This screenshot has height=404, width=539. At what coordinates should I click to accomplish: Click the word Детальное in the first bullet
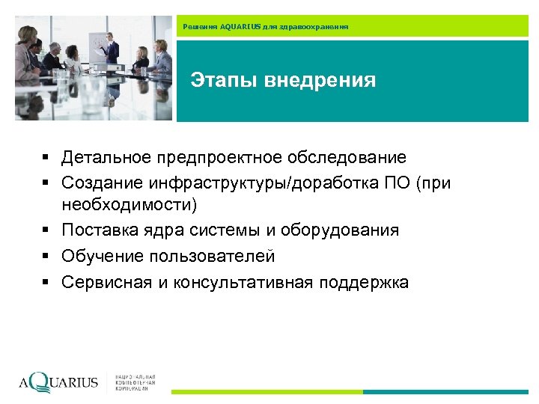[106, 158]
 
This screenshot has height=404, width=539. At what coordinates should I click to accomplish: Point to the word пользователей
[213, 257]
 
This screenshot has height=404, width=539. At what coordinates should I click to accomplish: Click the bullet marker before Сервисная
[46, 283]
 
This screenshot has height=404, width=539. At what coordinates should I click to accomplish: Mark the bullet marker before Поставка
[46, 230]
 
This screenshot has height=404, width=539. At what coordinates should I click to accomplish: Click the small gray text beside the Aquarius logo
[136, 382]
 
